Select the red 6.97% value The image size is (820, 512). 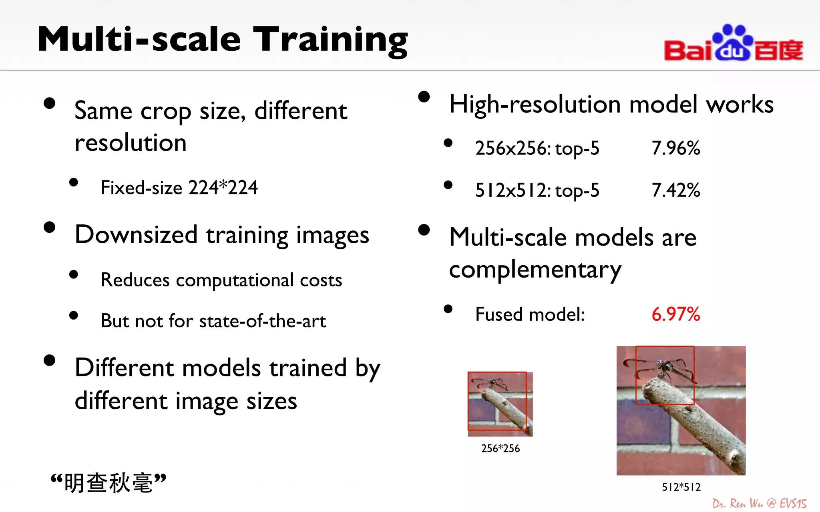pyautogui.click(x=675, y=314)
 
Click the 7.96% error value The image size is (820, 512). pyautogui.click(x=675, y=148)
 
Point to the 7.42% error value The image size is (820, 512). pyautogui.click(x=675, y=190)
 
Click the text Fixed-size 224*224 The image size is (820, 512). pyautogui.click(x=179, y=188)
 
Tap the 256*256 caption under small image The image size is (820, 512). pyautogui.click(x=500, y=448)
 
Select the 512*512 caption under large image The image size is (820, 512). pyautogui.click(x=681, y=487)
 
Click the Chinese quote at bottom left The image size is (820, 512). pyautogui.click(x=108, y=483)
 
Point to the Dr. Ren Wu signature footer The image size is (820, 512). pyautogui.click(x=759, y=503)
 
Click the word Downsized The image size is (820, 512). pyautogui.click(x=136, y=235)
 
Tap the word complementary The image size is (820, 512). pyautogui.click(x=535, y=270)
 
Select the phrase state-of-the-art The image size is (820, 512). pyautogui.click(x=262, y=321)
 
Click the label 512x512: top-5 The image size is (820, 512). pyautogui.click(x=537, y=190)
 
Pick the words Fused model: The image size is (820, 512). pyautogui.click(x=530, y=314)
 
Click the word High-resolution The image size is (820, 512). pyautogui.click(x=535, y=105)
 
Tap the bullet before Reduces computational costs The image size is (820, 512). pyautogui.click(x=73, y=274)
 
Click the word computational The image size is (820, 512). pyautogui.click(x=235, y=280)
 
